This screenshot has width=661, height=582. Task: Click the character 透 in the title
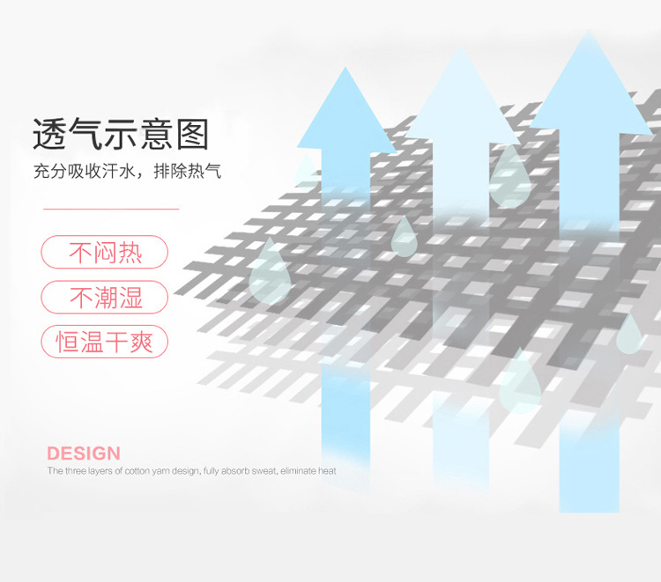(x=49, y=134)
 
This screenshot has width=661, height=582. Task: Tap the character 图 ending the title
(x=192, y=134)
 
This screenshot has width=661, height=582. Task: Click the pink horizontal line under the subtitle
(x=111, y=209)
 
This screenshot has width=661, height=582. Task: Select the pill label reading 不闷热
(x=105, y=252)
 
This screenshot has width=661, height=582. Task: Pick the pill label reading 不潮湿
(x=105, y=297)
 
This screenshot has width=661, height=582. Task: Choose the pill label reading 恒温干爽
(x=105, y=342)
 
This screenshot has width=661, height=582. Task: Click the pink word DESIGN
(x=84, y=453)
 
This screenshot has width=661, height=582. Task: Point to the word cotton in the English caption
(x=137, y=471)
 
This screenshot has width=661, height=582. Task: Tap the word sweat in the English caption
(x=264, y=471)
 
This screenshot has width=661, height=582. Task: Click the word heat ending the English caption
(x=327, y=471)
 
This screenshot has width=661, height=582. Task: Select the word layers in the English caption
(x=99, y=471)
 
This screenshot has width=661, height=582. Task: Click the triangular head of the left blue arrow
(x=346, y=110)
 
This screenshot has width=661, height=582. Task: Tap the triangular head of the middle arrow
(x=461, y=95)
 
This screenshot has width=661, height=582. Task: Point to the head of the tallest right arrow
(x=590, y=82)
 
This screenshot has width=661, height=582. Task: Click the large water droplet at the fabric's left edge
(x=270, y=271)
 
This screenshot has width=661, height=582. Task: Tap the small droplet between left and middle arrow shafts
(x=405, y=237)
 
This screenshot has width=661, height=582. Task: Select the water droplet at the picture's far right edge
(x=629, y=334)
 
